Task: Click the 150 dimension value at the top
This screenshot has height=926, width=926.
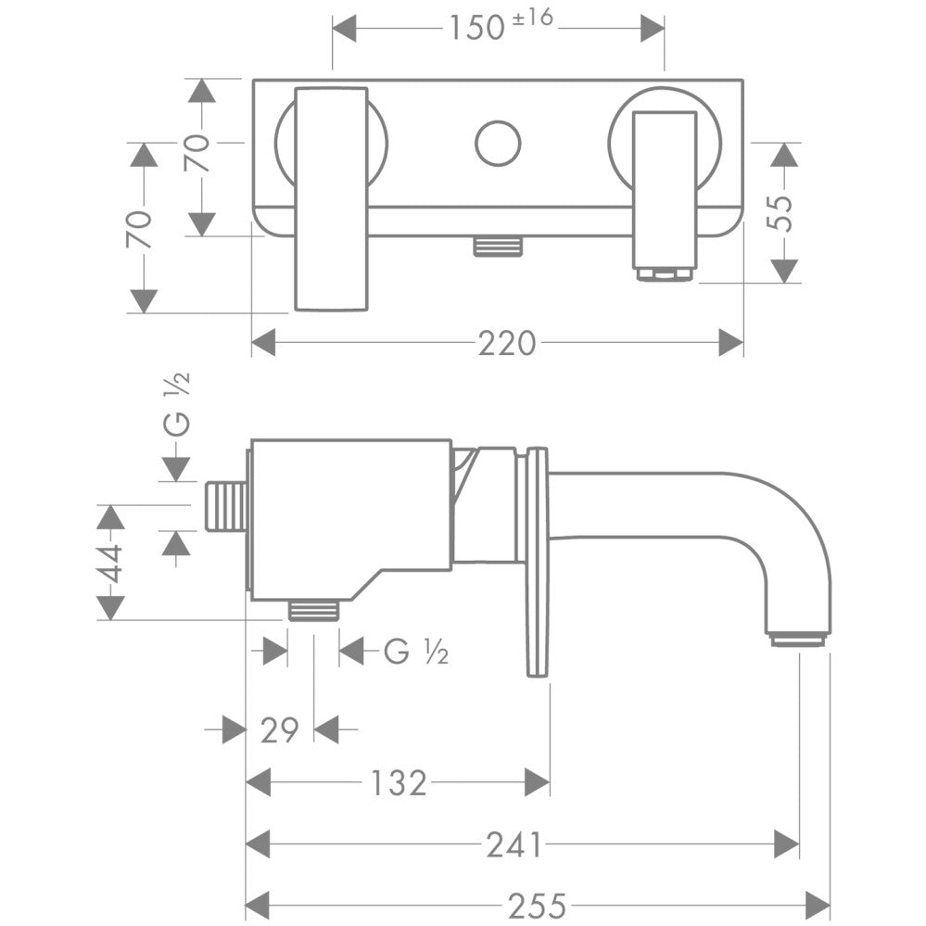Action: [475, 28]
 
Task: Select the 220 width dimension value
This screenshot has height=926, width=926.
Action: [506, 344]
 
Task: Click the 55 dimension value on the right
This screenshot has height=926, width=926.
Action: [784, 213]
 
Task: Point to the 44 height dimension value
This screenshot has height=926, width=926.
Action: [110, 563]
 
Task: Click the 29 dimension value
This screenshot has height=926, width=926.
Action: [279, 730]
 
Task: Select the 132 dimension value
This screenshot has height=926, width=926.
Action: [400, 783]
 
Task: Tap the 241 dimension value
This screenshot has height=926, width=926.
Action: [514, 844]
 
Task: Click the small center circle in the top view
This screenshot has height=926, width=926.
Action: [498, 143]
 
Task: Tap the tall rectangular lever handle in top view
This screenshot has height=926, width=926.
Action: [331, 198]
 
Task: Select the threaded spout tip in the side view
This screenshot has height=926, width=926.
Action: [797, 639]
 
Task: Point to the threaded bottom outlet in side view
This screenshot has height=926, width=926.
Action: [313, 609]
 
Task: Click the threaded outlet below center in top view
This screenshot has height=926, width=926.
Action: [498, 246]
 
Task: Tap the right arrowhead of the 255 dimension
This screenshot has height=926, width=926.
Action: [818, 904]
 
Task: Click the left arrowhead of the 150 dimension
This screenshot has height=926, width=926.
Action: [345, 28]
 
